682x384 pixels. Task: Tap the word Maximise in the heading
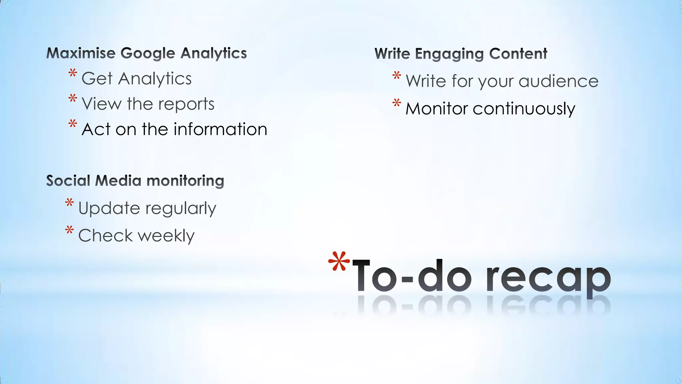coord(81,53)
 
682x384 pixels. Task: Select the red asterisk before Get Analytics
coord(73,73)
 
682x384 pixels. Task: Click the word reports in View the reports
coord(186,104)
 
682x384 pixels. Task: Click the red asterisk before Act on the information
coord(73,124)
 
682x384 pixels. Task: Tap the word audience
coord(558,81)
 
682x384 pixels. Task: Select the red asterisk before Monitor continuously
coord(396,103)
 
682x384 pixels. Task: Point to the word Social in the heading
coord(68,181)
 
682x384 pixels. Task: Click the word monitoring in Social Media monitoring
coord(185,181)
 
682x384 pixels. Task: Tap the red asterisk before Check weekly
coord(69,230)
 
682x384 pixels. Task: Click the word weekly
coord(166,236)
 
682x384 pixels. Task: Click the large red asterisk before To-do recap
coord(339,262)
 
